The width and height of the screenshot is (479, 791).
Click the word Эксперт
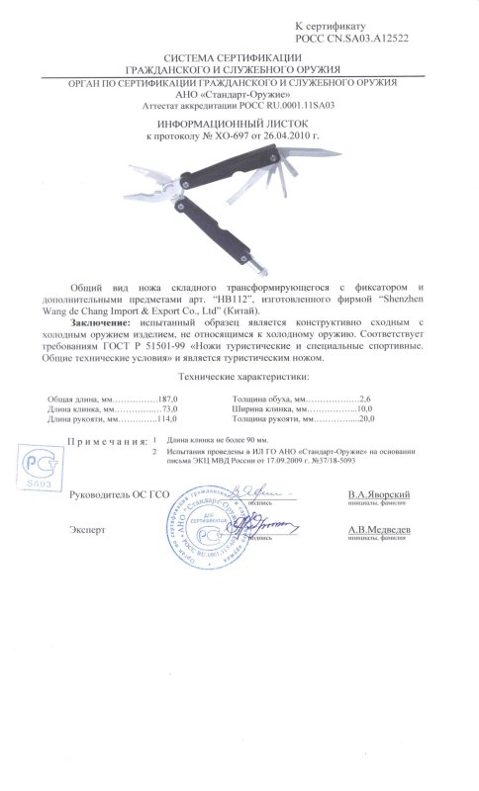point(87,530)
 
